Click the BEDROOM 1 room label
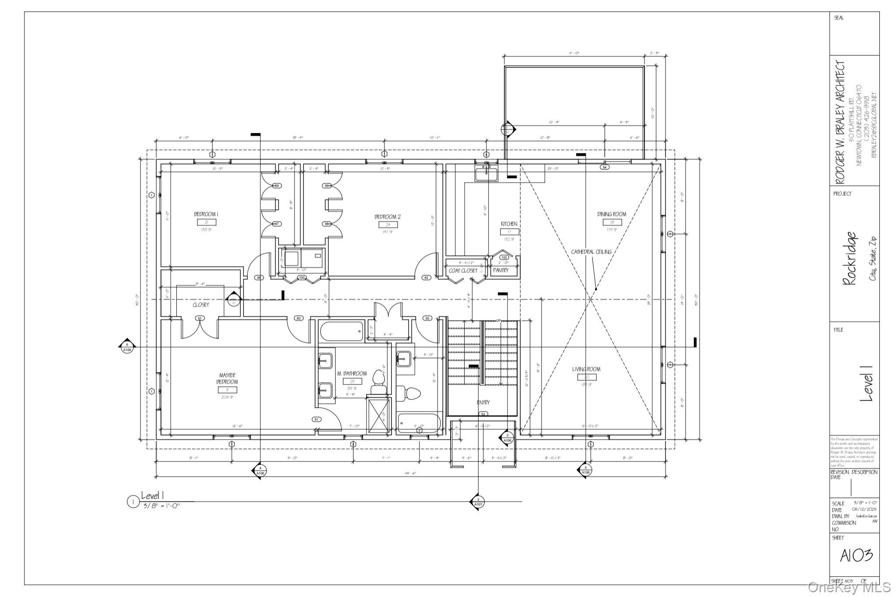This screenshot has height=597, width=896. pyautogui.click(x=206, y=214)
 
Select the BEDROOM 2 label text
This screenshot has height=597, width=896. pyautogui.click(x=387, y=217)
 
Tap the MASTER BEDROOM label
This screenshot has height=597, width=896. pyautogui.click(x=227, y=379)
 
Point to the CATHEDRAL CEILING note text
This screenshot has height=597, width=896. pyautogui.click(x=591, y=252)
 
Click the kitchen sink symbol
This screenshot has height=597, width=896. pyautogui.click(x=486, y=174)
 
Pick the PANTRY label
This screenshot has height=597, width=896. pyautogui.click(x=500, y=271)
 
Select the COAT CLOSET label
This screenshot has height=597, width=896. pyautogui.click(x=463, y=271)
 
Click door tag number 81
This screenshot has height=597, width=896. pyautogui.click(x=317, y=419)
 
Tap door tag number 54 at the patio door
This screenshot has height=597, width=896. pyautogui.click(x=605, y=167)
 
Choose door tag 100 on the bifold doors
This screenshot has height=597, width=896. pyautogui.click(x=302, y=278)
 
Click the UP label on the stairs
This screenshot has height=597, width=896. pyautogui.click(x=498, y=321)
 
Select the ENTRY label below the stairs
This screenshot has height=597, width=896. pyautogui.click(x=483, y=402)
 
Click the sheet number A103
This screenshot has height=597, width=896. pyautogui.click(x=856, y=555)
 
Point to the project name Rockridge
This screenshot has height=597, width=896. pyautogui.click(x=849, y=258)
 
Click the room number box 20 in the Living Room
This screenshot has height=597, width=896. pyautogui.click(x=587, y=377)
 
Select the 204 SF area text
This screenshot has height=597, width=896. pyautogui.click(x=227, y=397)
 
